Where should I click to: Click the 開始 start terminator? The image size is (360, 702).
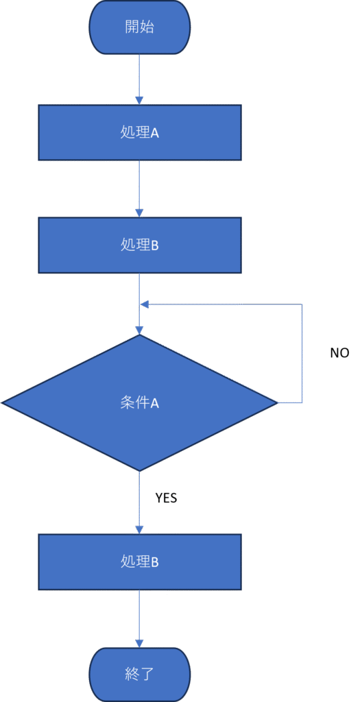(140, 27)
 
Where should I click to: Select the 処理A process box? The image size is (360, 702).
(140, 132)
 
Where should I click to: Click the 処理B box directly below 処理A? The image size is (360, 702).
(140, 245)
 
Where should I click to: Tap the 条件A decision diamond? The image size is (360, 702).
(140, 403)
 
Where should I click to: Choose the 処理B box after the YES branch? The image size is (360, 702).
(140, 561)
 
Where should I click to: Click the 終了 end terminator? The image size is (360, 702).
(140, 675)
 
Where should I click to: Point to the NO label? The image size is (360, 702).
(339, 353)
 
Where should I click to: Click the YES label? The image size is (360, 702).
(166, 498)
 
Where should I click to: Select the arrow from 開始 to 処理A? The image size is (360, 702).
(140, 80)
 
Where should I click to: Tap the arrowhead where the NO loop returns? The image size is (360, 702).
(144, 304)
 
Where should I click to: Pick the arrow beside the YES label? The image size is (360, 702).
(140, 503)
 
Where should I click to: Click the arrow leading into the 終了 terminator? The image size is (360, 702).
(140, 618)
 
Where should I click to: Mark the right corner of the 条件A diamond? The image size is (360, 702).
(278, 403)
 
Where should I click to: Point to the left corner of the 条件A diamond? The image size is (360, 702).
(1, 403)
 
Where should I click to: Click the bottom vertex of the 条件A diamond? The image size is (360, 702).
(140, 472)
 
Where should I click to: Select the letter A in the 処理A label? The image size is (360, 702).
(154, 133)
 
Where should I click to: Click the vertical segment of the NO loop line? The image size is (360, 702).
(302, 354)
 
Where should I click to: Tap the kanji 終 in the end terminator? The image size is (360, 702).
(132, 675)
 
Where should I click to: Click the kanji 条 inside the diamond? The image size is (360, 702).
(128, 403)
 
